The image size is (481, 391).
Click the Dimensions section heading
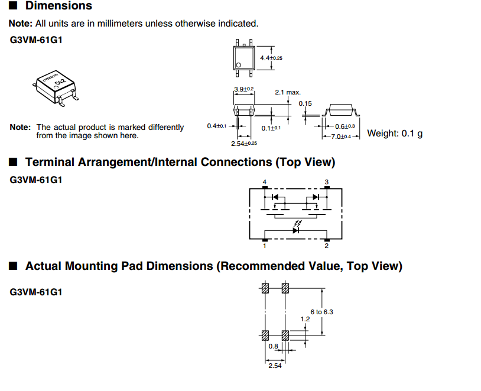[x=58, y=6]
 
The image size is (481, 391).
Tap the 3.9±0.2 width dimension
[x=243, y=89]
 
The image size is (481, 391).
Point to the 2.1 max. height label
[x=288, y=93]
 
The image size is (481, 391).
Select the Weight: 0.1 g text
[x=395, y=133]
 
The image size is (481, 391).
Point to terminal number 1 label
[x=265, y=246]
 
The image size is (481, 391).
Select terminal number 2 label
[x=326, y=246]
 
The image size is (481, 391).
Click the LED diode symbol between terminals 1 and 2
[x=295, y=230]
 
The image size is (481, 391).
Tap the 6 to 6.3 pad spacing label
[x=321, y=312]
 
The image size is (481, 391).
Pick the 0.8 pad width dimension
[x=273, y=347]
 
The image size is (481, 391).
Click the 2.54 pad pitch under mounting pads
[x=275, y=367]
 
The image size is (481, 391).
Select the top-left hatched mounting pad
[x=265, y=289]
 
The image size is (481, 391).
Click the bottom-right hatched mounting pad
[x=285, y=335]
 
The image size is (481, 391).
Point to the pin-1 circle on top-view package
[x=239, y=65]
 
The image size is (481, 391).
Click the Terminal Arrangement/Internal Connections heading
[x=180, y=162]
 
